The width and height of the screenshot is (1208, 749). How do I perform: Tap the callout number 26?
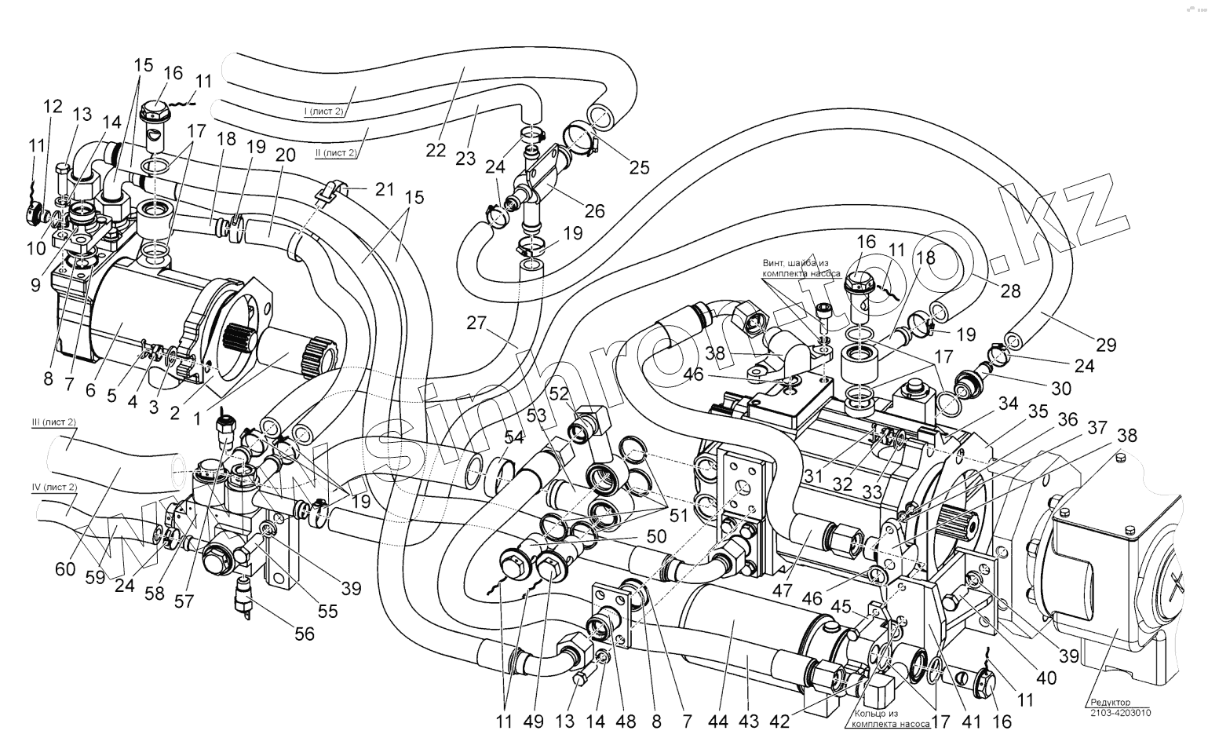pos(595,210)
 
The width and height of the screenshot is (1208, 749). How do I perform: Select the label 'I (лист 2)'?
pos(326,112)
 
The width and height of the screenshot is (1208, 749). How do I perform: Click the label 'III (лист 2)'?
pos(53,423)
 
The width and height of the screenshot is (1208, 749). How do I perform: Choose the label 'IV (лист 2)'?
pos(54,488)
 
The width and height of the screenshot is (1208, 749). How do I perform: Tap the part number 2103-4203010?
pos(1120,713)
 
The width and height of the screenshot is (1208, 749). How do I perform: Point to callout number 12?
pos(53,107)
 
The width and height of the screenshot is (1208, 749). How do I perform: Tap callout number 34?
pos(1008,404)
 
